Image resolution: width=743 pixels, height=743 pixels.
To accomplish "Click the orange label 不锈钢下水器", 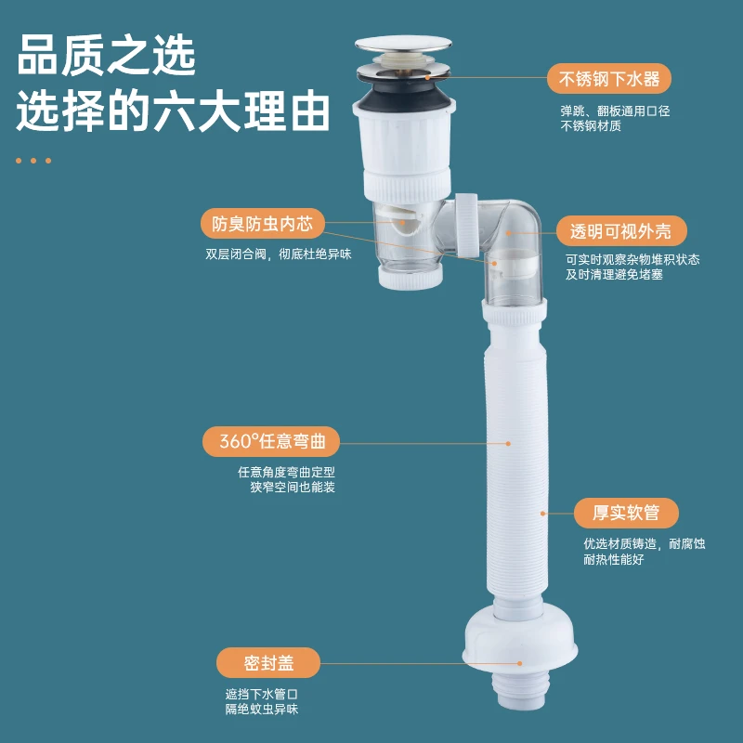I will [x=609, y=79].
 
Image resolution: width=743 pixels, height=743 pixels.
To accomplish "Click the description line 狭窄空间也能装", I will [x=292, y=487].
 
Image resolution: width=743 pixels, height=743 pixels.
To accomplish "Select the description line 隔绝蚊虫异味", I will [x=261, y=709].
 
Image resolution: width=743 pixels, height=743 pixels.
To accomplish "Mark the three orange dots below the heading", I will [x=33, y=161].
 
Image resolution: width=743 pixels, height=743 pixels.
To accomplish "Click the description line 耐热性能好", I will [x=613, y=559].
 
